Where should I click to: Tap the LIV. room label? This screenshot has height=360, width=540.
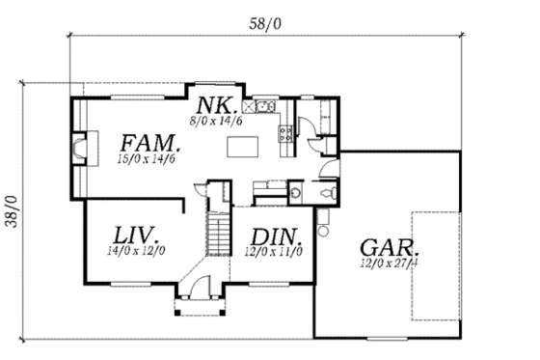point(136,235)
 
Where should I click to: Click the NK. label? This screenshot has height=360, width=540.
point(214,105)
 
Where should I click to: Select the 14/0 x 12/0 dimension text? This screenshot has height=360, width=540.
point(136,250)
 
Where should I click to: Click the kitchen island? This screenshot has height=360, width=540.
point(244,147)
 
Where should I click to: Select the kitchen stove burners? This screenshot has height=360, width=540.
point(284,133)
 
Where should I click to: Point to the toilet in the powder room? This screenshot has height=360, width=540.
point(329,193)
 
